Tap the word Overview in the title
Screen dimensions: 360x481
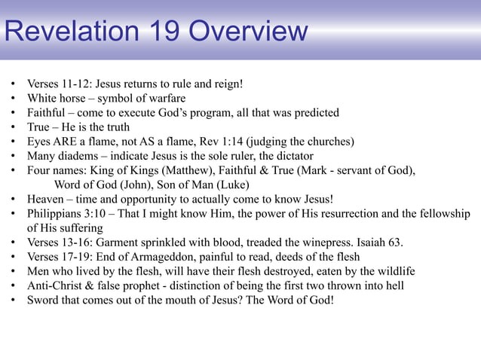pyautogui.click(x=248, y=32)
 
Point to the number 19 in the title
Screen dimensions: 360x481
pyautogui.click(x=160, y=32)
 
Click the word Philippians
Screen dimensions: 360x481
pyautogui.click(x=57, y=214)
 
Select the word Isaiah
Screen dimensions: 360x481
pyautogui.click(x=373, y=243)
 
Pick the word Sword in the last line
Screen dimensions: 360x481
pyautogui.click(x=43, y=300)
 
